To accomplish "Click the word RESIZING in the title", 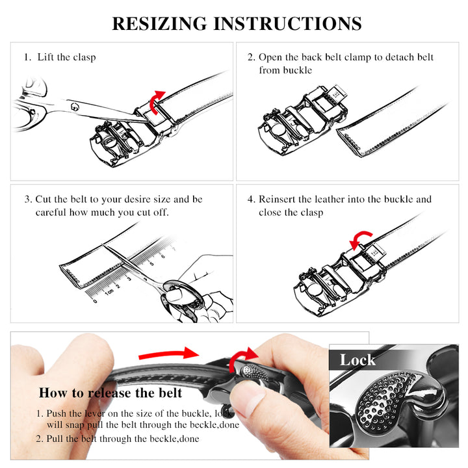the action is tap(159, 23).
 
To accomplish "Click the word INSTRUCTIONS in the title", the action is tap(288, 23).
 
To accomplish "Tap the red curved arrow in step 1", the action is tap(157, 102).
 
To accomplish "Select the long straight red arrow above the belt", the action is tap(169, 354).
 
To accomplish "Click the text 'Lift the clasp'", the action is tap(66, 57).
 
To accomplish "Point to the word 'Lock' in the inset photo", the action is tap(357, 359).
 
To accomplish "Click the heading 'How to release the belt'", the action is tap(110, 393).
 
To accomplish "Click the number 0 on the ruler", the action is tap(95, 301).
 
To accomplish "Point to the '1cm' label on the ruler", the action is tap(109, 292).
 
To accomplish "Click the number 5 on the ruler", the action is tap(151, 263).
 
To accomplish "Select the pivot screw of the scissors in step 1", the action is tap(75, 107).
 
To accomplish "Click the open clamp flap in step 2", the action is tap(337, 94).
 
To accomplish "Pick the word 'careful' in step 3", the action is tap(51, 212).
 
